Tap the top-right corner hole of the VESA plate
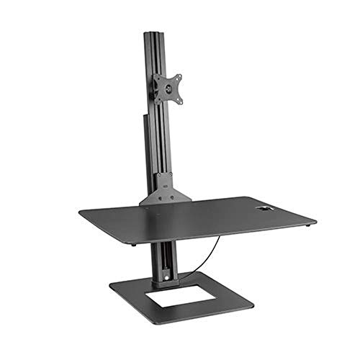tap(178, 76)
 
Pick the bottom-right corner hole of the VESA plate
tap(179, 99)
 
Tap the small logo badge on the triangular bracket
tap(165, 192)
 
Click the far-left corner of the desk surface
tap(80, 212)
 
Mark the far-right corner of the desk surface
tap(315, 220)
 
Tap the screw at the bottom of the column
tap(168, 274)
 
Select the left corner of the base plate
tap(110, 288)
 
